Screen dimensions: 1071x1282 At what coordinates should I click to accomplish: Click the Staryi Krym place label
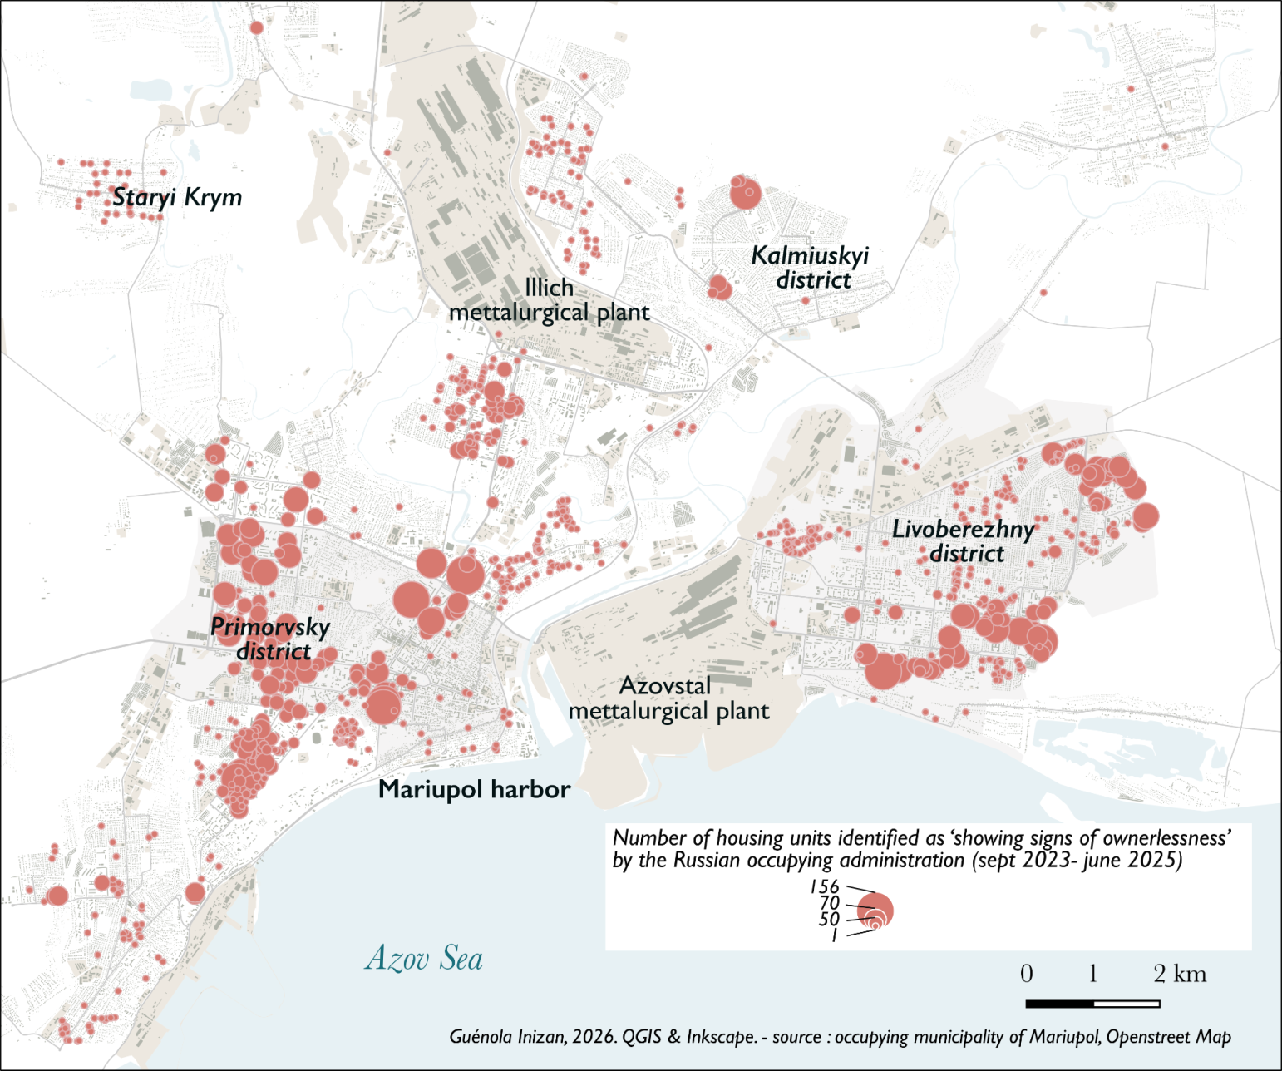coord(177,197)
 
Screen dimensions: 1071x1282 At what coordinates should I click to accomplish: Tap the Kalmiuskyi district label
coord(811,268)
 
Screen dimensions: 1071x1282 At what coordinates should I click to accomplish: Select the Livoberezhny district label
coord(964,541)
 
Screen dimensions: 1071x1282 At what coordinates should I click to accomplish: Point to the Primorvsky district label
coord(271,639)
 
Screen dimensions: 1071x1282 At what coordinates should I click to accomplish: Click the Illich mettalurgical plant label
coord(549,300)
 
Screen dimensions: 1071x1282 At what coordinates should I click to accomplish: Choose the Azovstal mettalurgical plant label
coord(668,698)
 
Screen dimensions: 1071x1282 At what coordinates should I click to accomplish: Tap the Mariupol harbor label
coord(474,789)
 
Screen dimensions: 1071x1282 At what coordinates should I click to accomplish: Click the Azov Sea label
coord(424,959)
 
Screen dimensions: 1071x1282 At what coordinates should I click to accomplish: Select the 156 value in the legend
coord(825,887)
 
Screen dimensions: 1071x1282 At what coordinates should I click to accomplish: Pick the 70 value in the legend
coord(829,904)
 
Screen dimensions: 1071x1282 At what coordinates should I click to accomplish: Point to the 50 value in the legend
coord(829,919)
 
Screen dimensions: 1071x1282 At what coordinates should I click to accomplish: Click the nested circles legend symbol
coord(875,911)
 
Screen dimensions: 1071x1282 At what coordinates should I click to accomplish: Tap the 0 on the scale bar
coord(1027,974)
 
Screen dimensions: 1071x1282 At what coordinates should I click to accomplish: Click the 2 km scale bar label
coord(1180,974)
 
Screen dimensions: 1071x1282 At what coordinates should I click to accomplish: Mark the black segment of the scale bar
coord(1060,1004)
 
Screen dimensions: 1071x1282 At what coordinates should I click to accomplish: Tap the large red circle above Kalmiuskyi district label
coord(745,194)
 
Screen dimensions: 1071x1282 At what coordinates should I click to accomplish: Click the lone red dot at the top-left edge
coord(257,28)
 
